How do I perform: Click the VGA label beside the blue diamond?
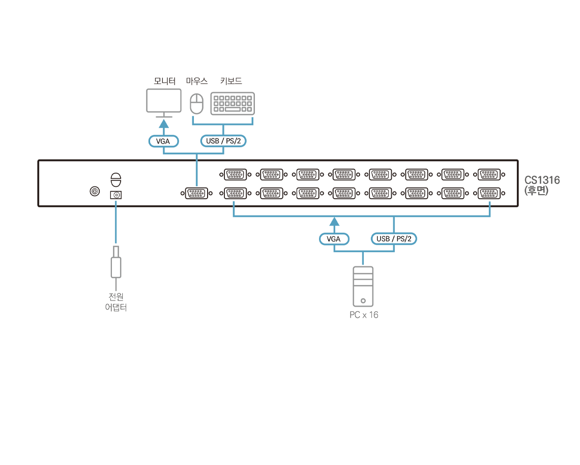tap(163, 141)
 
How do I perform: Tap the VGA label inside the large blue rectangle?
tap(334, 239)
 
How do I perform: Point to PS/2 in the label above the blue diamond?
tap(233, 141)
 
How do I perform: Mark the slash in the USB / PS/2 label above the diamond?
tap(222, 141)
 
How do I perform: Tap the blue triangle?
tap(117, 229)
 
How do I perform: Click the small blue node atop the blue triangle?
tap(116, 203)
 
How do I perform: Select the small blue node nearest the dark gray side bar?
tap(489, 204)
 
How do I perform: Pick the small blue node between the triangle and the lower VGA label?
tap(234, 204)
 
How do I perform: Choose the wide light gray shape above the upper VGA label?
tap(200, 100)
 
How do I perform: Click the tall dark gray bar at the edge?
tap(545, 255)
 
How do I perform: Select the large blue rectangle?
tap(265, 265)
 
